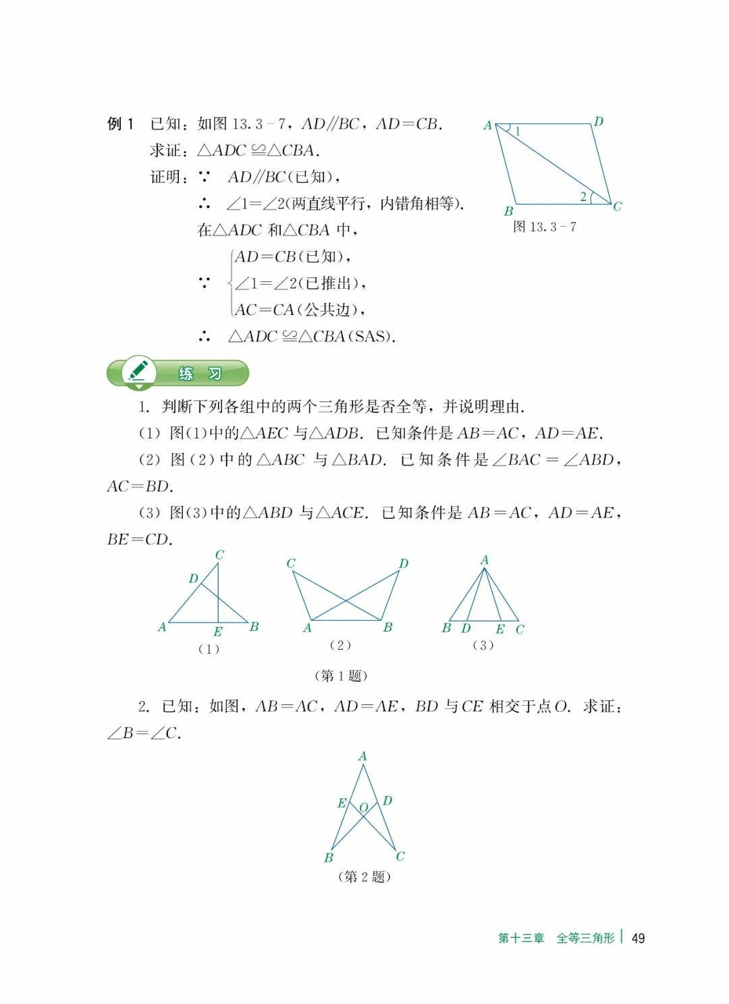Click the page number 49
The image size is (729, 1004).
pyautogui.click(x=638, y=938)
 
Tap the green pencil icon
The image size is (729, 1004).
pyautogui.click(x=138, y=371)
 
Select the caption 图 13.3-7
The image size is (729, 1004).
pyautogui.click(x=544, y=227)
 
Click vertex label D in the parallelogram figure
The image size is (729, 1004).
pyautogui.click(x=598, y=121)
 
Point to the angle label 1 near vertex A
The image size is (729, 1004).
pyautogui.click(x=518, y=132)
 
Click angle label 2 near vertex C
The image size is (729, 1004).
pyautogui.click(x=583, y=197)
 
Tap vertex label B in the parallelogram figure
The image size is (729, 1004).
pyautogui.click(x=508, y=211)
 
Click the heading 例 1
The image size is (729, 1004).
pyautogui.click(x=121, y=123)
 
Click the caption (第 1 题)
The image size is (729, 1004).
pyautogui.click(x=341, y=675)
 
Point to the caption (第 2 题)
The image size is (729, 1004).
pyautogui.click(x=364, y=876)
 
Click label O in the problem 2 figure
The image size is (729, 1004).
pyautogui.click(x=363, y=808)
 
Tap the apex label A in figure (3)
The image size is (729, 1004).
pyautogui.click(x=484, y=560)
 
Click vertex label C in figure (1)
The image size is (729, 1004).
pyautogui.click(x=219, y=555)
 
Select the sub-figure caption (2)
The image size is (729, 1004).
pyautogui.click(x=340, y=645)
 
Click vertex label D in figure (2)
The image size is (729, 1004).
pyautogui.click(x=403, y=563)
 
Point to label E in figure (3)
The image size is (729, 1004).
pyautogui.click(x=500, y=629)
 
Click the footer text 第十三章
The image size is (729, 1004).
pyautogui.click(x=521, y=938)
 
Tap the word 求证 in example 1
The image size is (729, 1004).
pyautogui.click(x=165, y=150)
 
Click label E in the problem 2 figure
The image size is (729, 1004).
pyautogui.click(x=342, y=803)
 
